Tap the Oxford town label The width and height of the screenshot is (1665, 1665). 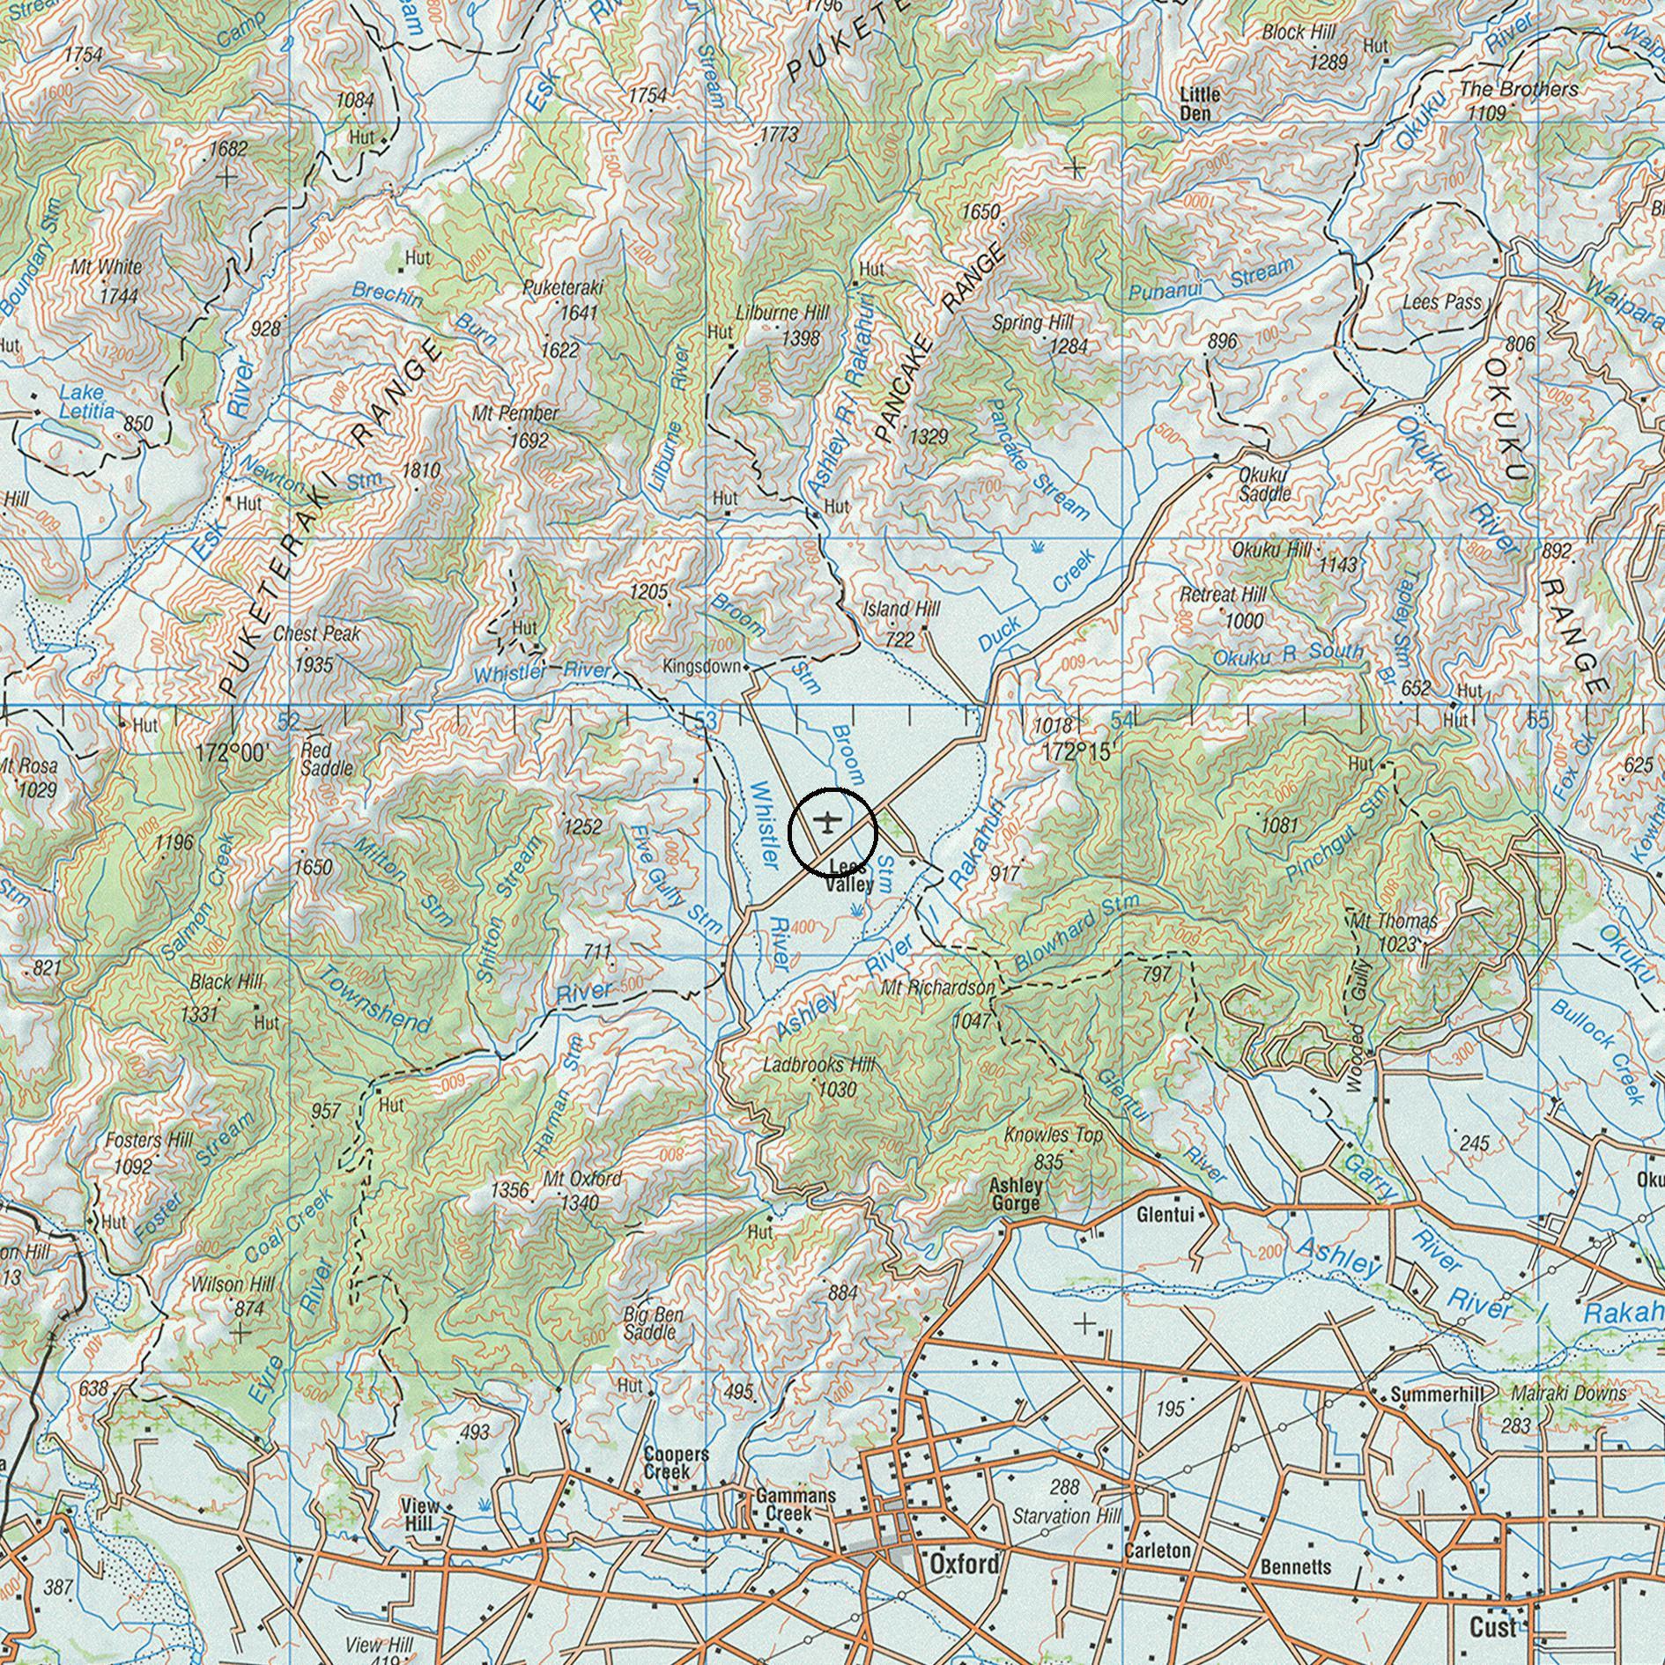[965, 1564]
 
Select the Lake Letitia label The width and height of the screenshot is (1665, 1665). [86, 402]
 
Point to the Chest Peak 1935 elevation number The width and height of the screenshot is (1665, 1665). [314, 663]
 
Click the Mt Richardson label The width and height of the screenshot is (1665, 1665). [937, 988]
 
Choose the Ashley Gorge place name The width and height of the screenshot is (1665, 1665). [1016, 1195]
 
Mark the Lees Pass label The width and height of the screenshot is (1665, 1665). [1441, 302]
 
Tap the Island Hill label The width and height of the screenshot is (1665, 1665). [901, 609]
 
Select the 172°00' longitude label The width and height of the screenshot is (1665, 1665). [232, 753]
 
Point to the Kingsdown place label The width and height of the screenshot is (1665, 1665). [701, 667]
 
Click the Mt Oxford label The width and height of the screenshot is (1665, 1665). [582, 1179]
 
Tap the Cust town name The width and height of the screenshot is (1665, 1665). [1492, 1626]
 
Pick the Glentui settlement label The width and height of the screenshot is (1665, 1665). [1165, 1216]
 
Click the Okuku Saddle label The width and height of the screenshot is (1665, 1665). [1264, 484]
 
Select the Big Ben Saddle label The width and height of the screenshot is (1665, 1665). [653, 1323]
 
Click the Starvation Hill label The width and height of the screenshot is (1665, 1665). [1066, 1516]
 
